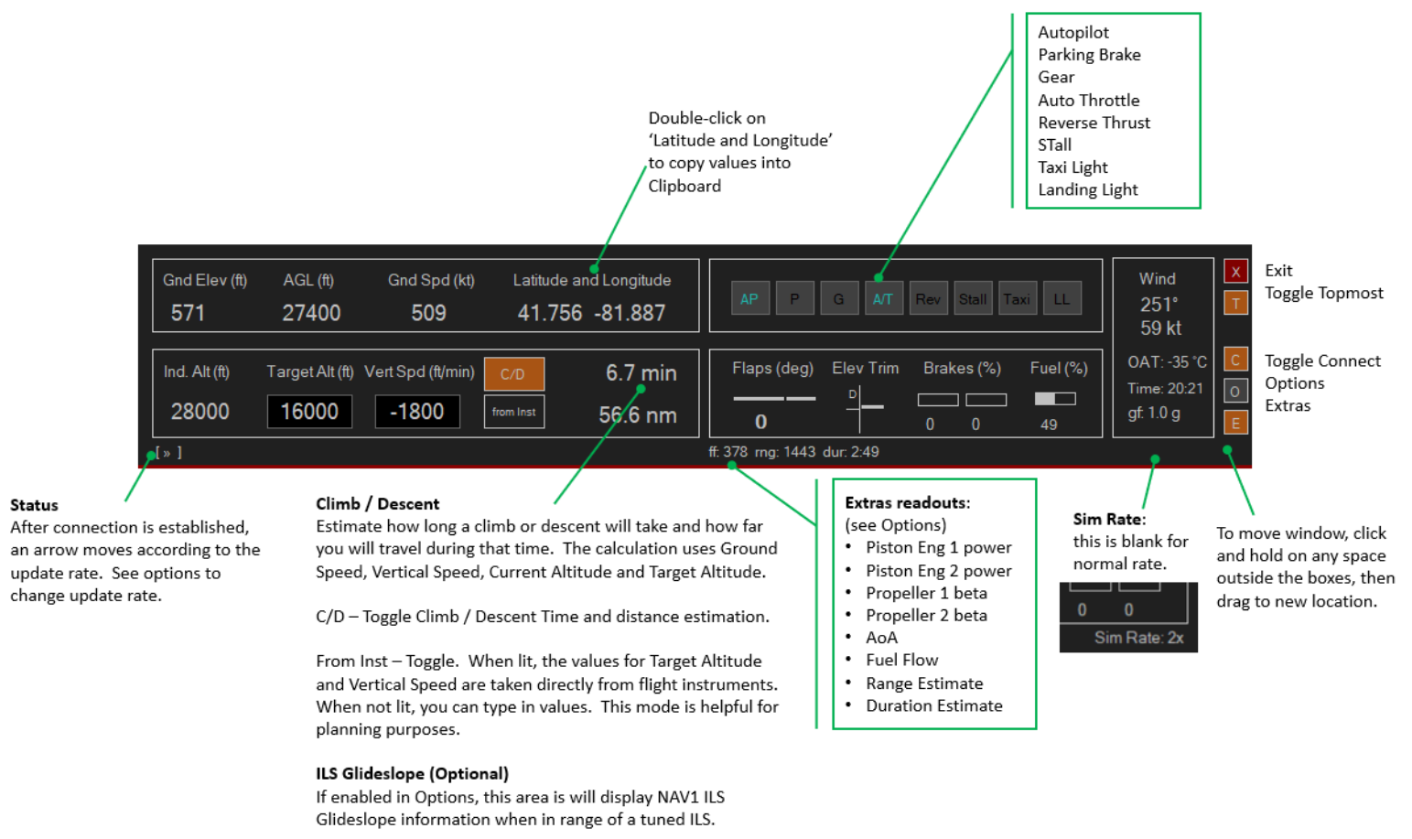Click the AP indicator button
click(749, 298)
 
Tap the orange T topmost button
click(1235, 303)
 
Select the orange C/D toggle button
click(513, 374)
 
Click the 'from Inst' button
click(513, 412)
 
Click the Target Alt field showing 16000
click(309, 412)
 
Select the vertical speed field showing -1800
click(417, 412)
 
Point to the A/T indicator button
click(883, 298)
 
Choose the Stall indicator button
click(973, 298)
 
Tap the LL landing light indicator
click(1062, 298)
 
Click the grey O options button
click(1235, 391)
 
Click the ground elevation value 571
click(188, 313)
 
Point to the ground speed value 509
click(428, 313)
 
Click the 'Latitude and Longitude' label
click(592, 280)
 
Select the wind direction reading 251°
click(1159, 305)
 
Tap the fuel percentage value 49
click(1049, 425)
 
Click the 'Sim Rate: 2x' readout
click(1138, 638)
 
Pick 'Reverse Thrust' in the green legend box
click(1094, 123)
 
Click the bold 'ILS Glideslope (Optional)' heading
click(413, 773)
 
